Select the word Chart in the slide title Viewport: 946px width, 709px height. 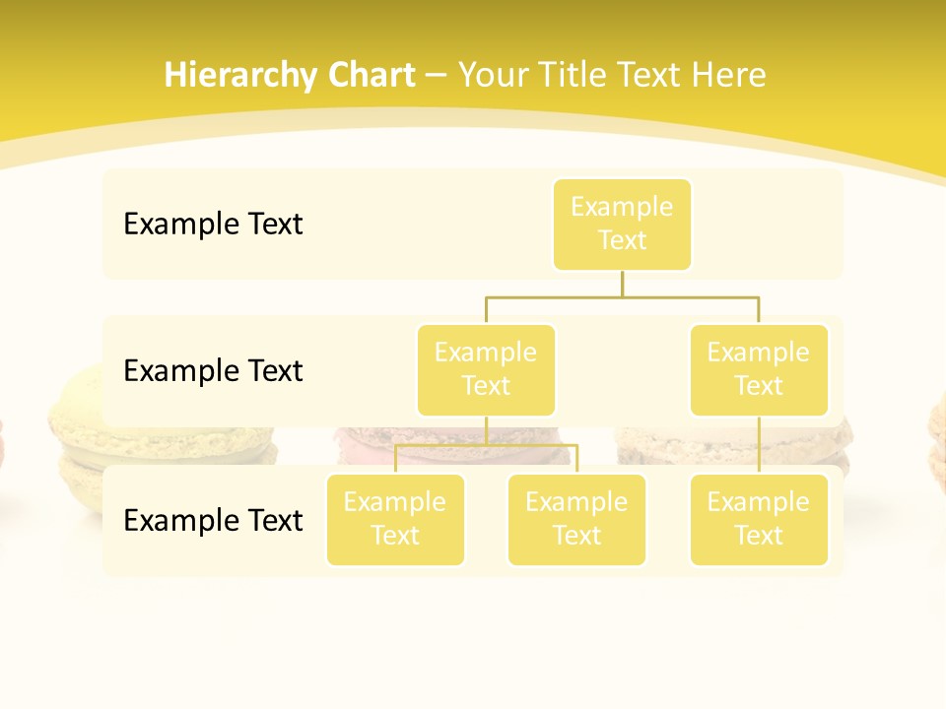(371, 76)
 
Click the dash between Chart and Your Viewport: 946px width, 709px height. (437, 76)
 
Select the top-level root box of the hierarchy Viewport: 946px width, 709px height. (622, 224)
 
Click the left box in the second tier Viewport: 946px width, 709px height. (486, 369)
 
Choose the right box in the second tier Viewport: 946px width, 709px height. (759, 369)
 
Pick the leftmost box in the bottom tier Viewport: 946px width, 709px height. (395, 519)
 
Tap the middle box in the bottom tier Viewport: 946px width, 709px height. (576, 519)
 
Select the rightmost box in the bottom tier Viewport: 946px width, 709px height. (759, 519)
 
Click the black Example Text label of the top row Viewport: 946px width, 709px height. (213, 225)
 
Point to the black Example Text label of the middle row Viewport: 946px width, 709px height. (213, 371)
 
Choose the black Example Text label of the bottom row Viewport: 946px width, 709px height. (213, 520)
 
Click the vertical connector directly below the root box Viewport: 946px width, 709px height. (622, 284)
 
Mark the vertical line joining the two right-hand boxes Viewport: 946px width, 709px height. (759, 445)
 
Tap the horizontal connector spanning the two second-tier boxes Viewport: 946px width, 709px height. (622, 296)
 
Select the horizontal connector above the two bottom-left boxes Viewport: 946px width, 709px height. (486, 445)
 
